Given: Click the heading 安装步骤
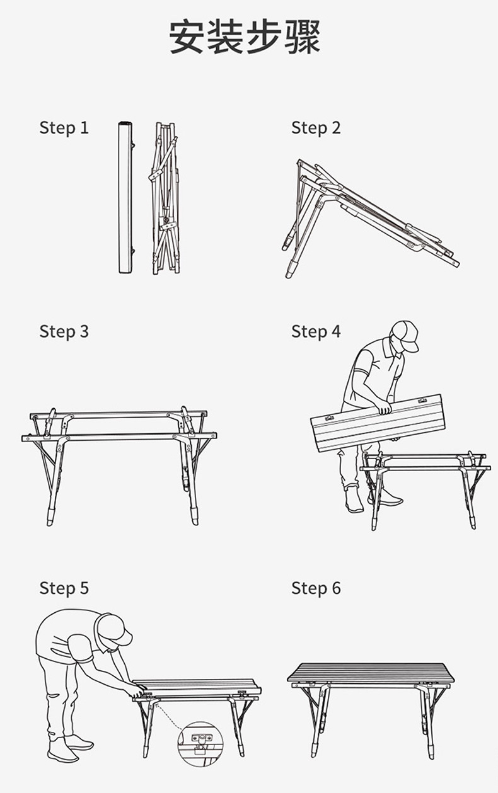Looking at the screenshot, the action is [245, 37].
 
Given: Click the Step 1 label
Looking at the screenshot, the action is [64, 127].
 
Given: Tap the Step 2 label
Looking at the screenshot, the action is [316, 127].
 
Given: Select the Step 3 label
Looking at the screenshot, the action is [64, 332].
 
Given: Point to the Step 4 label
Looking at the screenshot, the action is [316, 332].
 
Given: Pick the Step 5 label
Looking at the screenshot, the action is [64, 588].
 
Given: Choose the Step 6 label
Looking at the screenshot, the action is [316, 588].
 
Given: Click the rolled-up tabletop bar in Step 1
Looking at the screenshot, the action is [125, 198].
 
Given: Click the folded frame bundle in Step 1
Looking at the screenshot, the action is [165, 198].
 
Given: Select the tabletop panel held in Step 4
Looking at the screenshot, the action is [378, 423].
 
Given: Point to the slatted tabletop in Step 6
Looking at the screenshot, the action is [371, 673].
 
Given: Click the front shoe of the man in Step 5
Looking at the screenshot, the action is [62, 755].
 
